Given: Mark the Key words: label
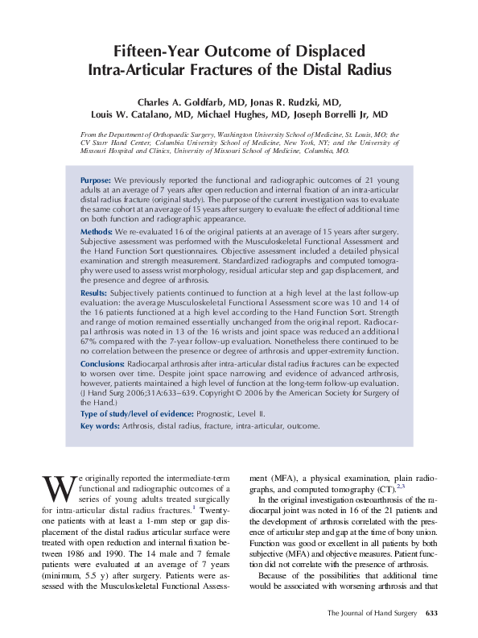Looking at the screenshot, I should coord(101,426).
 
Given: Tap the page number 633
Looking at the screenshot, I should coord(431,614).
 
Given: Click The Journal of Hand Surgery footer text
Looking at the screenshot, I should coord(372,614).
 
